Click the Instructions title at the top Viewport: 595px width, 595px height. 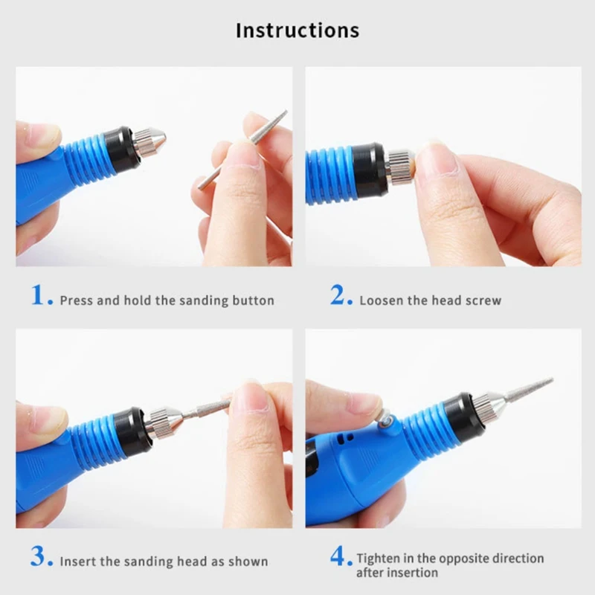[x=297, y=30]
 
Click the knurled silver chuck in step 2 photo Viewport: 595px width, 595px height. [x=399, y=166]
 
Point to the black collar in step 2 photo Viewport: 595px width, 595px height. [x=367, y=170]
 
